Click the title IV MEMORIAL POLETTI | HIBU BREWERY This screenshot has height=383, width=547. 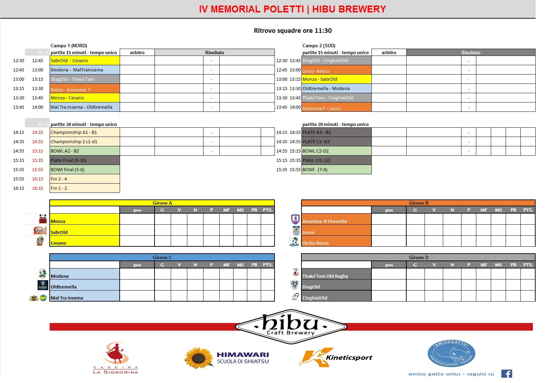click(x=292, y=9)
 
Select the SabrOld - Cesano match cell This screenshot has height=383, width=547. click(x=84, y=61)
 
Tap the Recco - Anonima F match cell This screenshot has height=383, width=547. click(x=84, y=89)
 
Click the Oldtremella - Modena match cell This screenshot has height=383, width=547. click(x=336, y=89)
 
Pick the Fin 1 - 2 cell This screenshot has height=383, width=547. click(x=84, y=188)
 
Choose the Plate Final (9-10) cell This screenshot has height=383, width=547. click(x=84, y=160)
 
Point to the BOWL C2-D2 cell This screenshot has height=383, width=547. click(x=336, y=151)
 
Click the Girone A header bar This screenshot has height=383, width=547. click(x=162, y=203)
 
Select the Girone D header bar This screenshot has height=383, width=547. click(x=418, y=257)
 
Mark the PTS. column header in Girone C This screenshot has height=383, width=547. click(x=268, y=265)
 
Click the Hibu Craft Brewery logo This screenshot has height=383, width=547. click(x=291, y=326)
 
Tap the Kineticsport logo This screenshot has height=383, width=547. click(x=336, y=357)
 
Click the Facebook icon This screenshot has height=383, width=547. click(x=506, y=374)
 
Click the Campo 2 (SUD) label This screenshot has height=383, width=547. click(x=319, y=46)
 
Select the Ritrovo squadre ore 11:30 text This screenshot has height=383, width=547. click(x=292, y=31)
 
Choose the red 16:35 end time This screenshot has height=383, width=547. click(x=38, y=188)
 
